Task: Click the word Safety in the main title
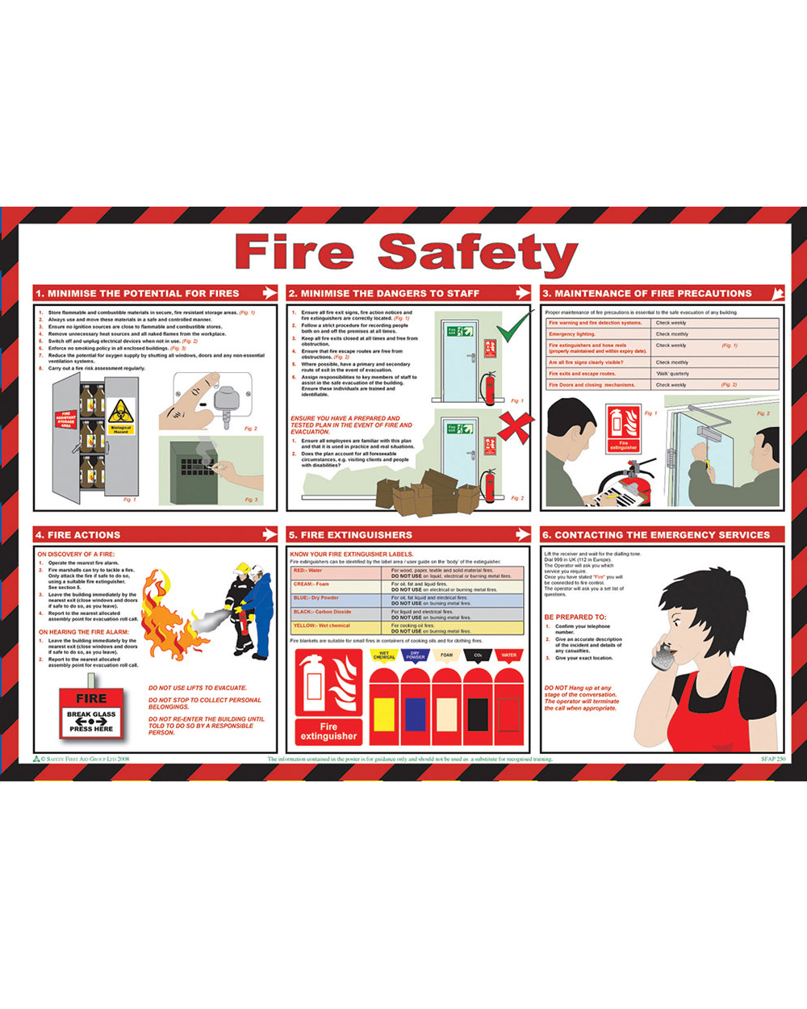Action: pos(478,253)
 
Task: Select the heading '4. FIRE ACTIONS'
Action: pos(77,534)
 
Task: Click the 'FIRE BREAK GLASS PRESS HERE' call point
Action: pos(91,713)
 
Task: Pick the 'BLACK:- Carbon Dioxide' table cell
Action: pos(335,614)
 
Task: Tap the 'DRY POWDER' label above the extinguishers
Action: pos(416,655)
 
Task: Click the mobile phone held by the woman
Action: pos(663,651)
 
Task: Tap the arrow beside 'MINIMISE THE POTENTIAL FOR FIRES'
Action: pos(268,293)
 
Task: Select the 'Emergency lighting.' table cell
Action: pos(598,334)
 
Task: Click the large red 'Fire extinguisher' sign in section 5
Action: pos(328,695)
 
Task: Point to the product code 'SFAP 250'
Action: pos(772,760)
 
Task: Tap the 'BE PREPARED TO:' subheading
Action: pos(575,617)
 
